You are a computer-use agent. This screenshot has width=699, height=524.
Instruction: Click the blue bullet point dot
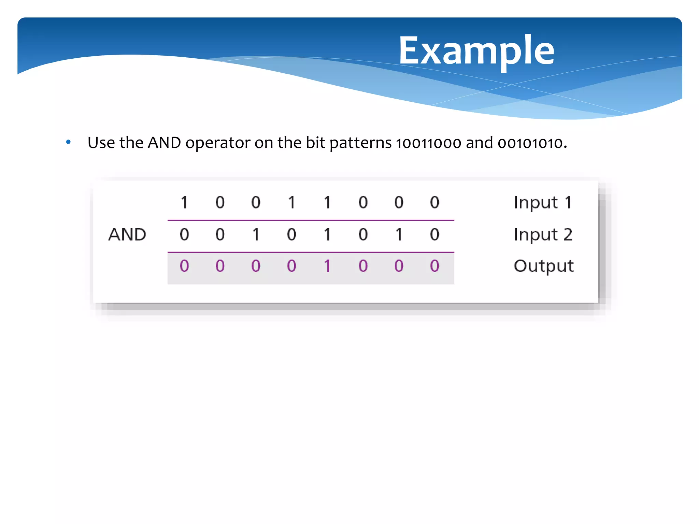pos(69,142)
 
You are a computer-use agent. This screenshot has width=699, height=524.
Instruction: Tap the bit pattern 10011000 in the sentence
pos(429,143)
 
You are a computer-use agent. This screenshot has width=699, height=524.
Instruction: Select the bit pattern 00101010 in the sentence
pos(530,143)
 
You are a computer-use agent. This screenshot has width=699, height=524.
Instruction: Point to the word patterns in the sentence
pos(360,143)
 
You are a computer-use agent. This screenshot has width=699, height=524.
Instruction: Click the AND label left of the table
pos(127,235)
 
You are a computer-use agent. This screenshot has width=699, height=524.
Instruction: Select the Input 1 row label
pos(543,203)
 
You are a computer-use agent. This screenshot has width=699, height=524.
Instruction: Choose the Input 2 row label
pos(543,235)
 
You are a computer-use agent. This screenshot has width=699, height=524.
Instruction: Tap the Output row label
pos(544,266)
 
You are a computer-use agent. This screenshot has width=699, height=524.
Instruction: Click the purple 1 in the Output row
pos(327,266)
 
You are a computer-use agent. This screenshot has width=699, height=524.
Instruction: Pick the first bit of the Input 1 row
pos(184,203)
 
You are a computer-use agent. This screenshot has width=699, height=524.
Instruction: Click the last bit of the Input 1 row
pos(434,203)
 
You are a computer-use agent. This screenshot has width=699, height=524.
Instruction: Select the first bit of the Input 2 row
pos(184,235)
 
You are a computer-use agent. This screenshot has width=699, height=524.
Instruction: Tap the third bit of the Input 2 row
pos(256,235)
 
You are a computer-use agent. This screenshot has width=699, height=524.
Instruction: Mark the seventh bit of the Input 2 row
pos(399,235)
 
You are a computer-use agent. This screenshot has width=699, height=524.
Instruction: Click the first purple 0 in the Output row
pos(184,266)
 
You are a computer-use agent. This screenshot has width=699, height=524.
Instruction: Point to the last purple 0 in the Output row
pos(434,266)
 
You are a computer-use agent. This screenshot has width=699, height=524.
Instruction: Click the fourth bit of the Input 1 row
pos(291,203)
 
